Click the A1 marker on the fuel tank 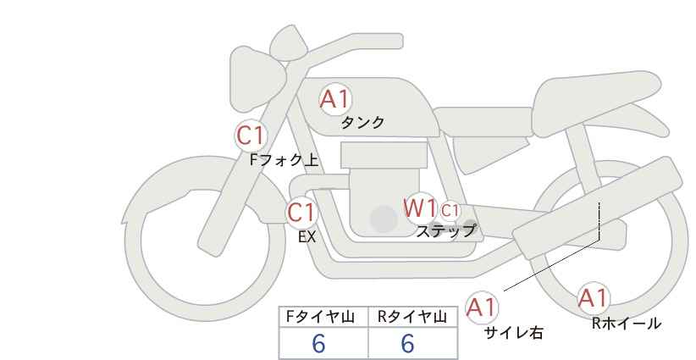point(335,99)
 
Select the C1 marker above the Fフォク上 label point(251,136)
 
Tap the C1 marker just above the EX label point(301,212)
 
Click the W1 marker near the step point(420,208)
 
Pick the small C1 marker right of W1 point(450,210)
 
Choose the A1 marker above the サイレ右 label point(482,307)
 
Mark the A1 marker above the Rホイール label point(593,298)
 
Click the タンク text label point(362,123)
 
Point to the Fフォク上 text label point(284,160)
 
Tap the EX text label point(307,237)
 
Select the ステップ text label point(445,231)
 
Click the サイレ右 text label point(514,333)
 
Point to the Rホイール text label point(627,324)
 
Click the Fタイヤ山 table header point(320,317)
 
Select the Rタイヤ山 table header point(412,317)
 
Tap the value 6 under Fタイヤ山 point(318,343)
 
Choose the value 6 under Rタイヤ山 point(407,343)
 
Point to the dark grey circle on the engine point(384,219)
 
